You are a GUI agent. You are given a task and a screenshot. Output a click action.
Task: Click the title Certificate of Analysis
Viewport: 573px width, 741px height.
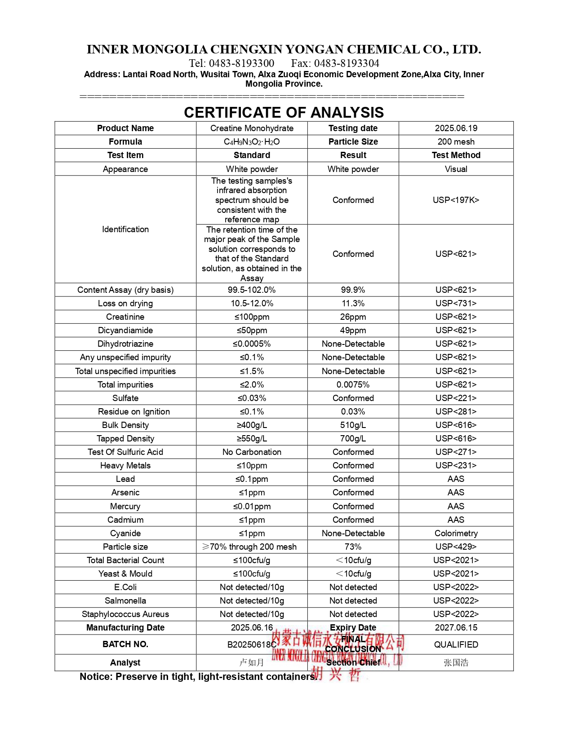tap(284, 112)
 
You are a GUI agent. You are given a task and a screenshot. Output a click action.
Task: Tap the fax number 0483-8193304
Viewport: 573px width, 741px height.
tap(335, 63)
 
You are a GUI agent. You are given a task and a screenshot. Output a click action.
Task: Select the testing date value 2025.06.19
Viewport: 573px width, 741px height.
tap(456, 128)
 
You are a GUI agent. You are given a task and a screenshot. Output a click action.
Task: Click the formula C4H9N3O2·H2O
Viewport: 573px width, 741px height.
tap(252, 142)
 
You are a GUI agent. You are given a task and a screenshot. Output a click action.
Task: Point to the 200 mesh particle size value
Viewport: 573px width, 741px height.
tap(456, 142)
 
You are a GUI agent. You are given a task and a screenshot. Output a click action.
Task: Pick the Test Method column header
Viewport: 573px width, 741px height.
tap(456, 155)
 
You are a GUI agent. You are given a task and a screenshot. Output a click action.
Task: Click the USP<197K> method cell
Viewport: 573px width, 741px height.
tap(456, 200)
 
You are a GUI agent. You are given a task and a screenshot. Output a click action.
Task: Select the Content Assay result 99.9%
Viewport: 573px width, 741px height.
tap(353, 290)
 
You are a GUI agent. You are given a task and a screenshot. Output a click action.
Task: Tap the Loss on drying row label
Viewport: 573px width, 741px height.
tap(125, 304)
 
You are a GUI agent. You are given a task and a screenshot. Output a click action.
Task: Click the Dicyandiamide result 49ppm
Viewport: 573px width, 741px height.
tap(353, 331)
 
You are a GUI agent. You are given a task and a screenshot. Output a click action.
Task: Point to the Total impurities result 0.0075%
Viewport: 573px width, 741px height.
tap(353, 385)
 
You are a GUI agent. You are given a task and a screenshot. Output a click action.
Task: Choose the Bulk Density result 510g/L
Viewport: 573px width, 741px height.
tap(353, 425)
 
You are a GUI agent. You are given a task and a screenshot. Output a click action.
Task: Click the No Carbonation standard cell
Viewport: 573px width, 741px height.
tap(252, 452)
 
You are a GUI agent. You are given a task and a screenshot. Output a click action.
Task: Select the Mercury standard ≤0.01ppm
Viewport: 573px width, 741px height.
tap(252, 507)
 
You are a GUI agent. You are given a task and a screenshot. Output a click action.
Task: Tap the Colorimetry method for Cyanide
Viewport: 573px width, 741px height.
tap(456, 534)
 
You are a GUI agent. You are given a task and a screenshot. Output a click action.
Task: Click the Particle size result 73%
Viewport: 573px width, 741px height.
tap(353, 547)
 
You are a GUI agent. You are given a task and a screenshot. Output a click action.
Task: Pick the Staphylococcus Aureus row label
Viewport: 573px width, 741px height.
tap(125, 614)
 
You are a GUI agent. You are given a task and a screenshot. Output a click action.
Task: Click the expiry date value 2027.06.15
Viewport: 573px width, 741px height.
tap(456, 628)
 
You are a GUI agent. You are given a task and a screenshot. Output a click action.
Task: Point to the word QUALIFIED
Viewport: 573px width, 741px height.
tap(456, 645)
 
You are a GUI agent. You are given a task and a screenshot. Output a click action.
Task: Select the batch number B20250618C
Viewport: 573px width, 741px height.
tap(252, 645)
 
